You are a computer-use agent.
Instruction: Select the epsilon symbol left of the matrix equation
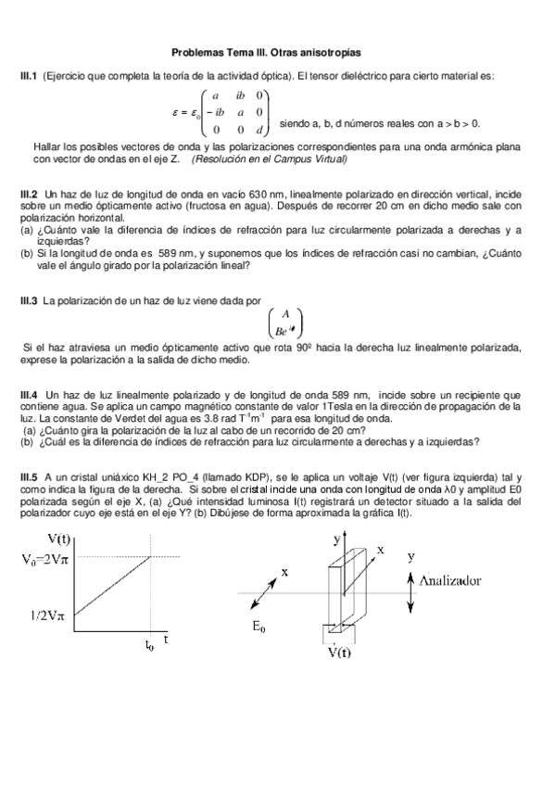(x=176, y=112)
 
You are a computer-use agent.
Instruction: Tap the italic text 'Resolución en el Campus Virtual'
(x=269, y=158)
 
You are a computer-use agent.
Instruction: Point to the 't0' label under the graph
(x=149, y=647)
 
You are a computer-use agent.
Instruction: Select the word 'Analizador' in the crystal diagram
(x=462, y=580)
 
